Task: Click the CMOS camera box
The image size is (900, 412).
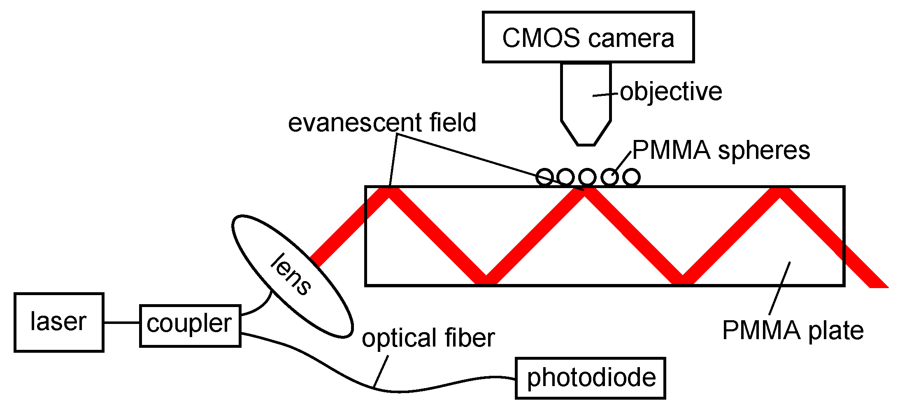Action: tap(588, 37)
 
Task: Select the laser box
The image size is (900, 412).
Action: tap(59, 322)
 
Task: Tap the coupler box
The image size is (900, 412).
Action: tap(190, 326)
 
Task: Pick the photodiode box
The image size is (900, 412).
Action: tap(590, 378)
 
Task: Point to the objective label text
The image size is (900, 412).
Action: tap(670, 91)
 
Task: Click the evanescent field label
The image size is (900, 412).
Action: tap(381, 123)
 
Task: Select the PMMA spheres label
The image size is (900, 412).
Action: tap(721, 150)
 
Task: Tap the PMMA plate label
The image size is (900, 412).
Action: tap(793, 330)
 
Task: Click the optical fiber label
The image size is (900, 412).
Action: tap(428, 338)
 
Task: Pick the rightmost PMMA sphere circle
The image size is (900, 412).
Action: tap(631, 177)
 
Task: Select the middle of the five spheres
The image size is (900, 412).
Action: tap(587, 177)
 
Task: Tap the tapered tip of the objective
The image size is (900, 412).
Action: tap(586, 134)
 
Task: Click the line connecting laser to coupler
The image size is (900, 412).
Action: tap(121, 322)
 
